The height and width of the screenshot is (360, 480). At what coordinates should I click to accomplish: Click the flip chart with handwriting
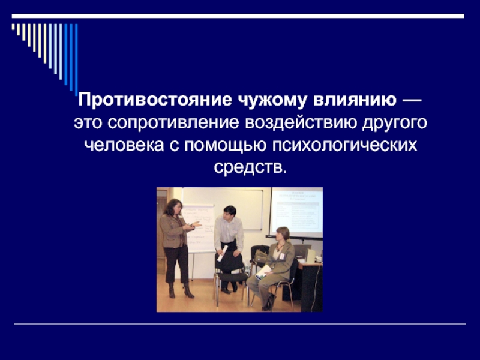pos(199,228)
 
